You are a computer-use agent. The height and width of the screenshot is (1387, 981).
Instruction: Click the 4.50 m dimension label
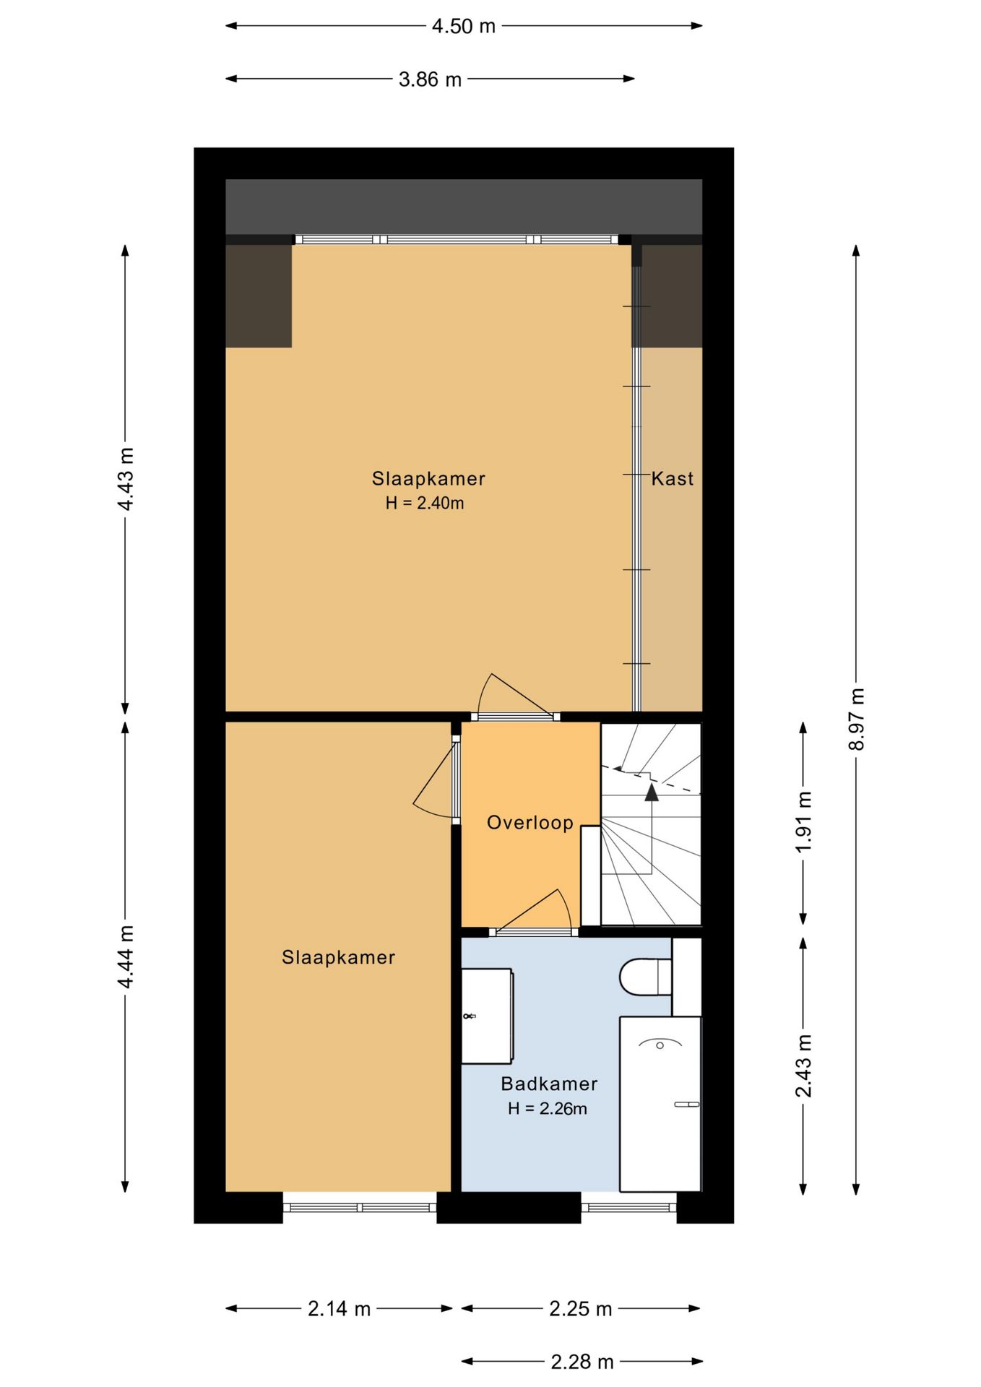pos(464,27)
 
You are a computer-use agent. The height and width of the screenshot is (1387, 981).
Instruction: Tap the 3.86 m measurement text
pos(430,79)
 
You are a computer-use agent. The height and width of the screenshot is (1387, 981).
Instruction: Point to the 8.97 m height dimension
pos(856,719)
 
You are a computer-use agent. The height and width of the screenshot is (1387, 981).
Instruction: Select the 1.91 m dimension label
pos(804,822)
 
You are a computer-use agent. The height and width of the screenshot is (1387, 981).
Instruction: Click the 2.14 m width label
pos(339,1308)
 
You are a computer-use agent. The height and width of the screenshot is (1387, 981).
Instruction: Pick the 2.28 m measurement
pos(582,1362)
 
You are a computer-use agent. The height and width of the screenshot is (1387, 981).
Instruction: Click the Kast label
pos(673,478)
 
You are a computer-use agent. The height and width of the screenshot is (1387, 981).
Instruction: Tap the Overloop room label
pos(530,822)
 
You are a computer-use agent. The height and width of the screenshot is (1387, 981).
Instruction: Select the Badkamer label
pos(549,1084)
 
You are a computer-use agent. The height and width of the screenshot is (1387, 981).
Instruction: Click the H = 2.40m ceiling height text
pos(425,503)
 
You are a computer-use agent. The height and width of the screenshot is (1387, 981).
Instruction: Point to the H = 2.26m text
pos(547,1108)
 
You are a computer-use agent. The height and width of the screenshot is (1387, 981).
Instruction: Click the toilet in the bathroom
pos(646,977)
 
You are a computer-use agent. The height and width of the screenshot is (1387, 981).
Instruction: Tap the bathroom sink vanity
pos(488,1016)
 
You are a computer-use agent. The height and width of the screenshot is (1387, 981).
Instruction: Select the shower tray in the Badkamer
pos(660,1104)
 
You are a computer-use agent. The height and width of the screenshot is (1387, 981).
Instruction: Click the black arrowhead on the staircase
pos(652,792)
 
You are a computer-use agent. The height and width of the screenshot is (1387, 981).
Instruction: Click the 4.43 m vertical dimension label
pos(126,479)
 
